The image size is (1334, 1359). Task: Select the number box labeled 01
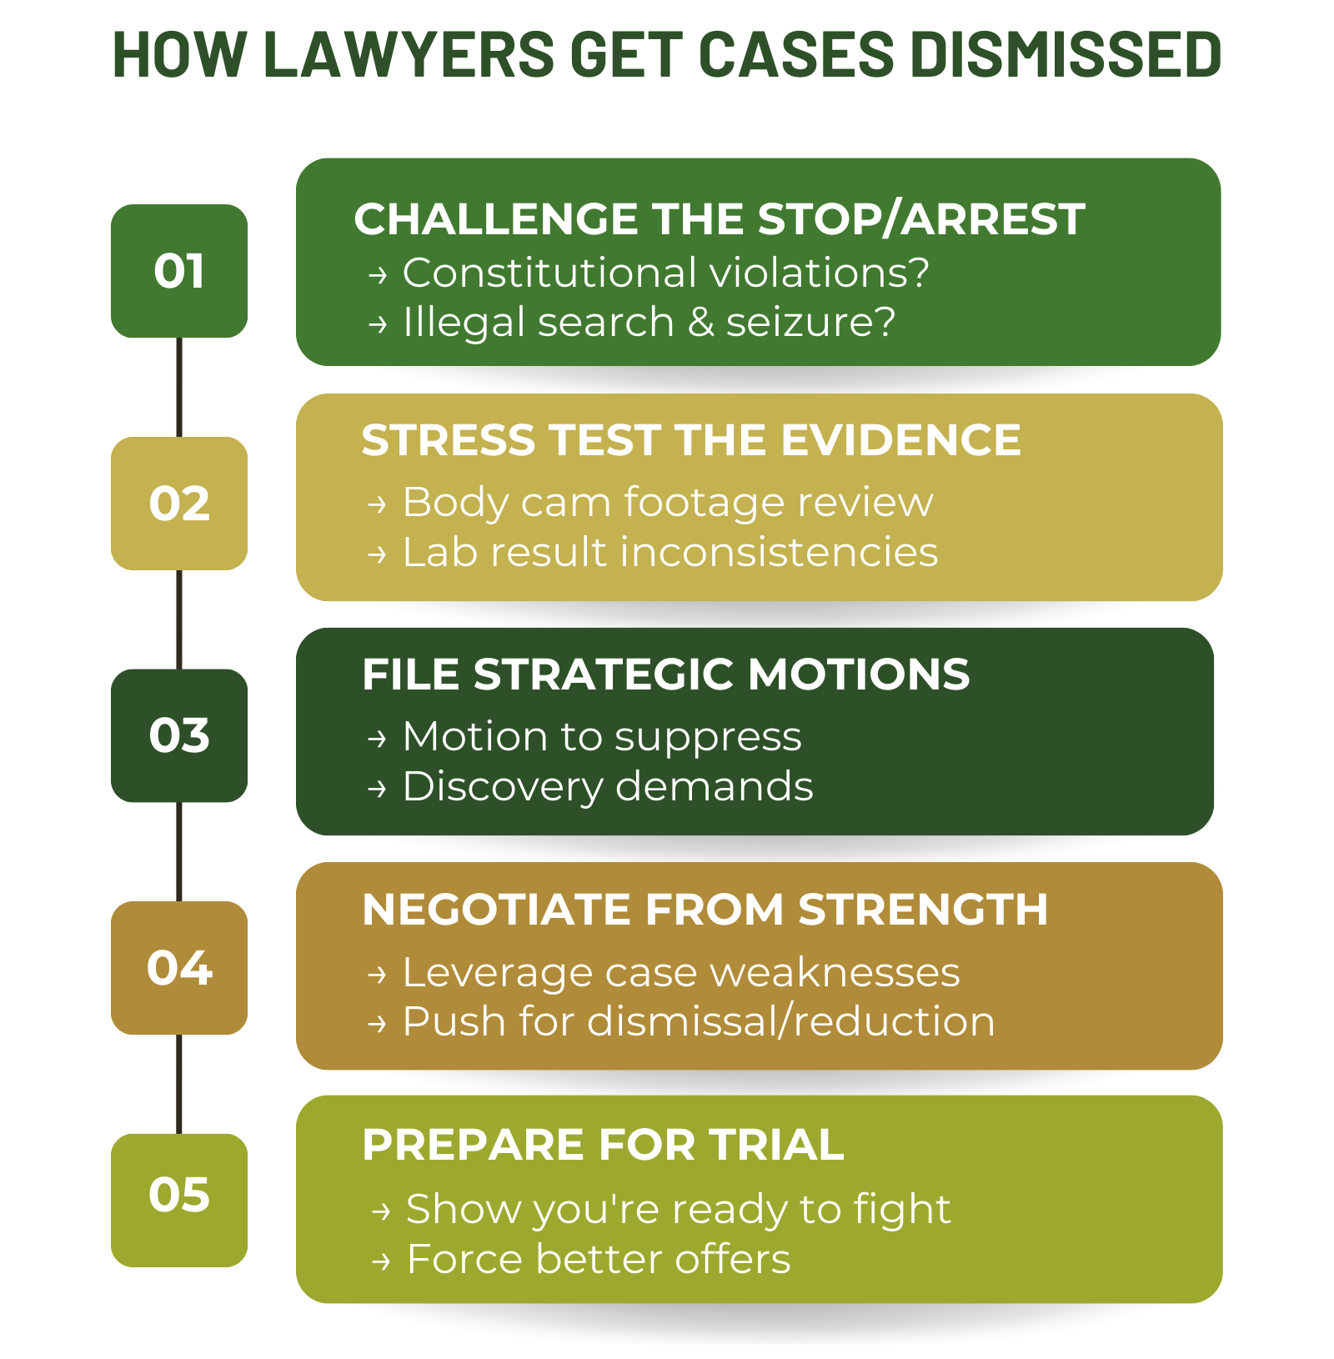pyautogui.click(x=179, y=271)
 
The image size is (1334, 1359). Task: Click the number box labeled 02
pyautogui.click(x=179, y=504)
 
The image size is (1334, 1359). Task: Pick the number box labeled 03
pyautogui.click(x=179, y=735)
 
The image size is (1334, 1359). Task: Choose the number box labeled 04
pyautogui.click(x=179, y=968)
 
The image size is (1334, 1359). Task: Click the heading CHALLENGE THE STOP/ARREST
pyautogui.click(x=720, y=219)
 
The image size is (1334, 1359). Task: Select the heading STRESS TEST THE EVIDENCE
pyautogui.click(x=691, y=440)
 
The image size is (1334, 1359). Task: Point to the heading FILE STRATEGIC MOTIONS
pyautogui.click(x=666, y=674)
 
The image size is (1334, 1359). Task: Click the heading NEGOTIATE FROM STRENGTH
pyautogui.click(x=705, y=909)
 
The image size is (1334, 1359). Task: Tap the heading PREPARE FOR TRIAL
pyautogui.click(x=603, y=1144)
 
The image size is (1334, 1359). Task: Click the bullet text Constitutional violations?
pyautogui.click(x=665, y=273)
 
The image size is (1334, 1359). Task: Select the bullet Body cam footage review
pyautogui.click(x=668, y=502)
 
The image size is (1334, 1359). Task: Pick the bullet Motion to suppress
pyautogui.click(x=602, y=737)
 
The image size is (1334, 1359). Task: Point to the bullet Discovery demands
pyautogui.click(x=608, y=786)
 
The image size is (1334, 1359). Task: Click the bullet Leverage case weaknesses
pyautogui.click(x=681, y=972)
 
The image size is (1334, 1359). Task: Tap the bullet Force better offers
pyautogui.click(x=599, y=1259)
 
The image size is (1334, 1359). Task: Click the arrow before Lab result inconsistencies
pyautogui.click(x=378, y=554)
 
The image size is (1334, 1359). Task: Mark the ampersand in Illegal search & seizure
pyautogui.click(x=701, y=323)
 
